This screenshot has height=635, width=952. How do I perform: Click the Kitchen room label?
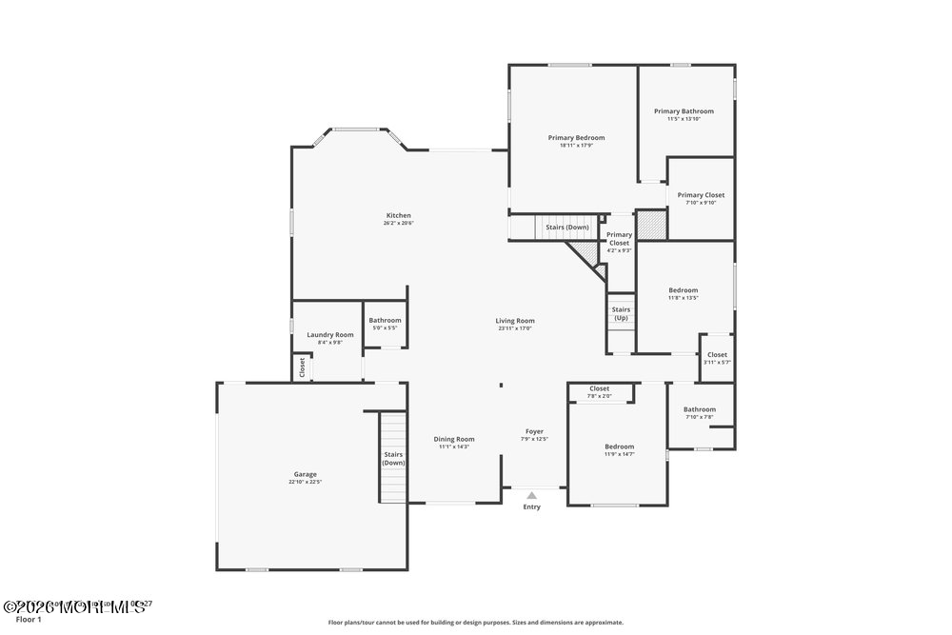pyautogui.click(x=398, y=215)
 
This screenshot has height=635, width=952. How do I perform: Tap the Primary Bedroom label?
pyautogui.click(x=576, y=138)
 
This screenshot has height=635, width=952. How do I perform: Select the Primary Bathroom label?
pyautogui.click(x=684, y=111)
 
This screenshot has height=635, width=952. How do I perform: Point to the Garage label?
pyautogui.click(x=305, y=474)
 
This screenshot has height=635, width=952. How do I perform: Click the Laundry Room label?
pyautogui.click(x=330, y=335)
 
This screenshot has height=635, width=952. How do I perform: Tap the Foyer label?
pyautogui.click(x=534, y=431)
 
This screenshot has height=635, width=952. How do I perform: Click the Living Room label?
pyautogui.click(x=514, y=321)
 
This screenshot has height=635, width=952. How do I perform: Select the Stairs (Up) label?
pyautogui.click(x=621, y=313)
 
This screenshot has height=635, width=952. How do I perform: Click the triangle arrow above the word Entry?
pyautogui.click(x=531, y=495)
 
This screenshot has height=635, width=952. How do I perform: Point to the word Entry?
pyautogui.click(x=531, y=506)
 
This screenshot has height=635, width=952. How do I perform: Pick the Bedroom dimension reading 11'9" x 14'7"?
pyautogui.click(x=619, y=454)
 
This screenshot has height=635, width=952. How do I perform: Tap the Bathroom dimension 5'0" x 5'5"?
pyautogui.click(x=386, y=328)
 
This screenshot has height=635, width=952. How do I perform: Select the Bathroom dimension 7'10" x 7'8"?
pyautogui.click(x=699, y=417)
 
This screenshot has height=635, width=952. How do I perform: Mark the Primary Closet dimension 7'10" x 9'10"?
pyautogui.click(x=701, y=203)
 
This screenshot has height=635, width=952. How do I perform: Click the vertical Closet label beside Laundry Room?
pyautogui.click(x=302, y=367)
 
